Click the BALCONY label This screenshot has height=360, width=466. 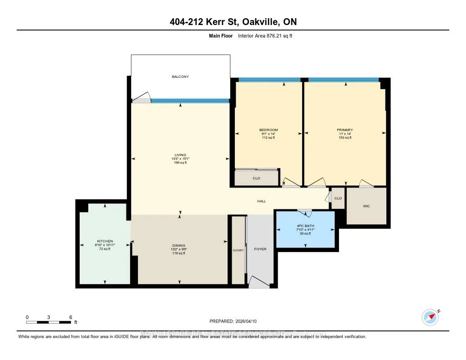pos(180,76)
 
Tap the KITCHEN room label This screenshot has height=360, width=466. pos(105,241)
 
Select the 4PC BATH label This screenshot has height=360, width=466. pos(305,226)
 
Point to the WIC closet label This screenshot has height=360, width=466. pos(366,206)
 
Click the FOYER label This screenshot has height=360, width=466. pos(260,249)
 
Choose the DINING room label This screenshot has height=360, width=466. pos(179,245)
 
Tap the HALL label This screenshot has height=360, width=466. pos(261,201)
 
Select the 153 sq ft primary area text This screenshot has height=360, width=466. pos(344,137)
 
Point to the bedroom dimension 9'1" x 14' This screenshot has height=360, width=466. pos(268,134)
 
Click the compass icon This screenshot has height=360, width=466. pos(430,317)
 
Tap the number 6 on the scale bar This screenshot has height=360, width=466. pos(70,317)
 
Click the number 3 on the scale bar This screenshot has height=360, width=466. pos(48,317)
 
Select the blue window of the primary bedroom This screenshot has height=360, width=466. pos(343,80)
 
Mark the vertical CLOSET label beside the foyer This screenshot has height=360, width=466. pos(238,250)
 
